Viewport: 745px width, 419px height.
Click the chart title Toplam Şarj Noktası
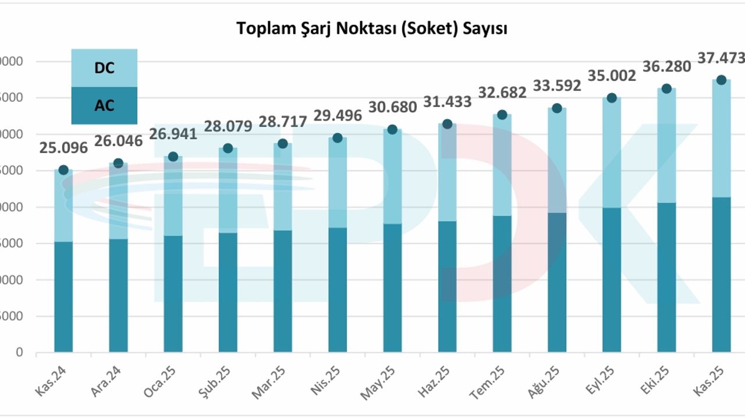click(x=371, y=29)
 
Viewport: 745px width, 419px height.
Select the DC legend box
click(x=104, y=68)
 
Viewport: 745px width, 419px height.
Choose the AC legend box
click(x=104, y=105)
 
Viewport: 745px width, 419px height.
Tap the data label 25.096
click(x=63, y=148)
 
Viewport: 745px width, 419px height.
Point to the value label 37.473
click(x=721, y=58)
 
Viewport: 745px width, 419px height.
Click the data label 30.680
click(x=392, y=108)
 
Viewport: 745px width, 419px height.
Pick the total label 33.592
click(x=556, y=86)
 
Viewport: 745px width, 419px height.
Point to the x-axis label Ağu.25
click(x=545, y=381)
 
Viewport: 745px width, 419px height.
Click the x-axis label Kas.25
click(x=709, y=381)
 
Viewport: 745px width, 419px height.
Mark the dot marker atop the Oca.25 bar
click(x=173, y=157)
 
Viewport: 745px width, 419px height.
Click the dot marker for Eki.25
click(x=666, y=88)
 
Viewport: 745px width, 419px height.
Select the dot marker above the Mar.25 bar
click(x=282, y=144)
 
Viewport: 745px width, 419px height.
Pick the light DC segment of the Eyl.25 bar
click(x=612, y=152)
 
